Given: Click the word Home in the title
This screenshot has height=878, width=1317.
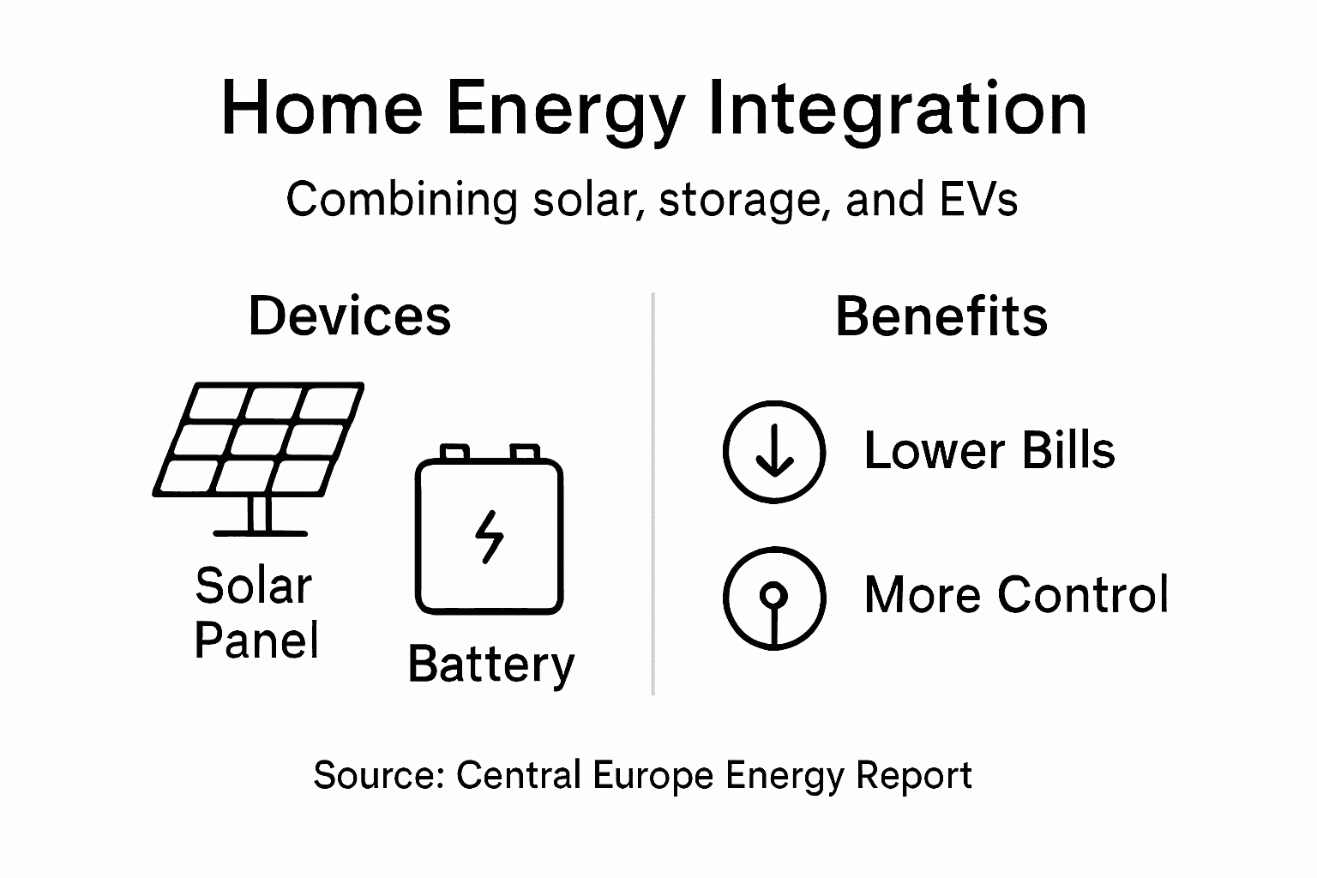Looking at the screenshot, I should tap(322, 110).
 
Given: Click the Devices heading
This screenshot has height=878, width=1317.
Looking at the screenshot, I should tap(350, 316).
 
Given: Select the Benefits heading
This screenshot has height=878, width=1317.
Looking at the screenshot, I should tap(941, 316).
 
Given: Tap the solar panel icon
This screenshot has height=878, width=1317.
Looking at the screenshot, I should tap(258, 454).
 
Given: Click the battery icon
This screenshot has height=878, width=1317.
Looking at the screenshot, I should tap(489, 532).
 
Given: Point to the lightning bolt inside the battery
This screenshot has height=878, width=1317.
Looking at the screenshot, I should tap(489, 537).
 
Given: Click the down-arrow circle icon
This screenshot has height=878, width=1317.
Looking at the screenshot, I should tap(774, 451).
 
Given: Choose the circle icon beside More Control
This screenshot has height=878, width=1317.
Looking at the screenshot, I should tap(774, 598).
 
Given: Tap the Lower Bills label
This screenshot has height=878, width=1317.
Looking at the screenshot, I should tap(989, 450).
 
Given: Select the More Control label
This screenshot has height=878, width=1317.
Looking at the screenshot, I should tap(1016, 594).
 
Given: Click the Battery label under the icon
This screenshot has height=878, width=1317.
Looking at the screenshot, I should tap(490, 665).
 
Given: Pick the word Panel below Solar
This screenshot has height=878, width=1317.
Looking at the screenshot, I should tap(256, 640).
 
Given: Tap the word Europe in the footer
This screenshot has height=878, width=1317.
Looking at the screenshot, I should tap(652, 775).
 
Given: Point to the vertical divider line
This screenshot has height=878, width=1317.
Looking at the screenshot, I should tap(653, 493).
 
